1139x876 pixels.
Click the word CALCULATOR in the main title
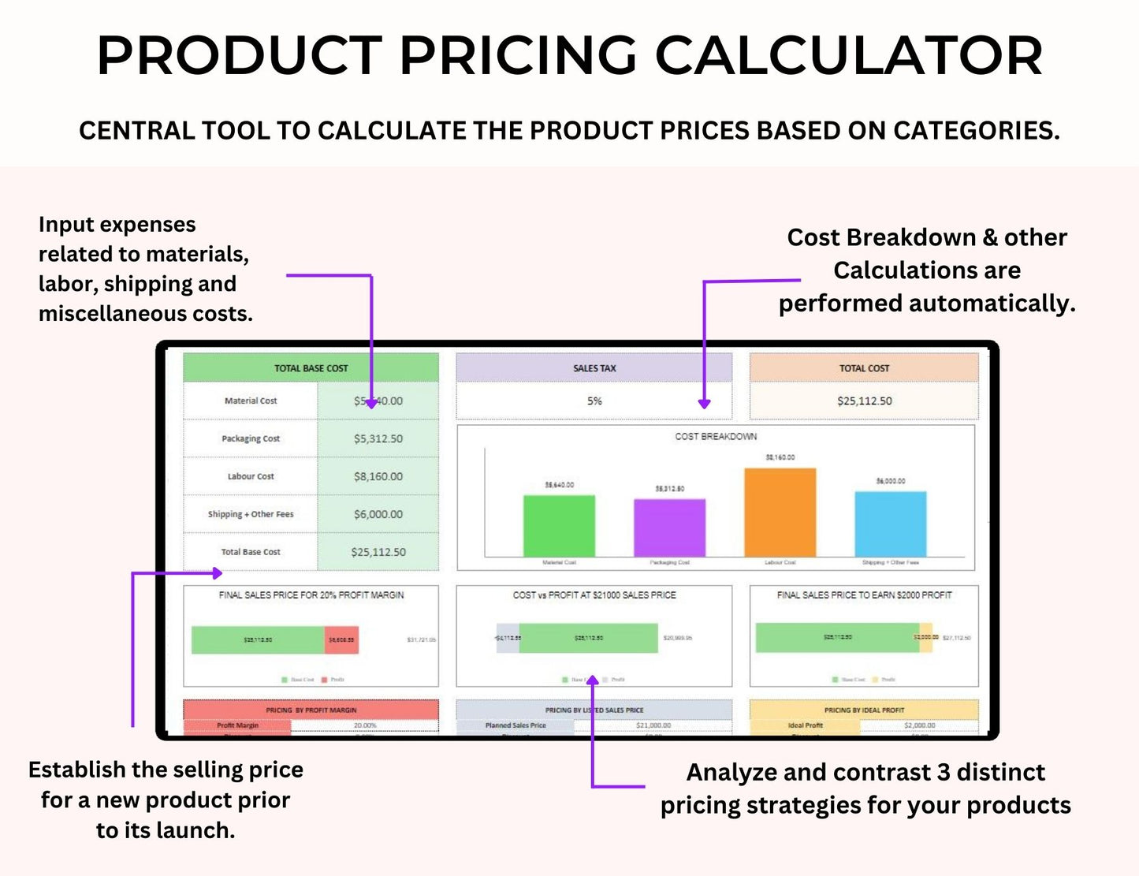point(848,57)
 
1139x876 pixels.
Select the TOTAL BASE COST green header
point(311,368)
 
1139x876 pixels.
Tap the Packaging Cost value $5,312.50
point(378,438)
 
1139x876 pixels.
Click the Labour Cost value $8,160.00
point(378,476)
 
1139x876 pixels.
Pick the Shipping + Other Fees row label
point(251,514)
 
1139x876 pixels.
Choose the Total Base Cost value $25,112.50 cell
point(378,552)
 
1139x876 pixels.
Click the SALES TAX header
point(594,368)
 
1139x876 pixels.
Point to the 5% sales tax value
point(594,401)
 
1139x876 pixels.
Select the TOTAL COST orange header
point(864,368)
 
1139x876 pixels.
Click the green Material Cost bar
point(559,526)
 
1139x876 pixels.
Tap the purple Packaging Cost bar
point(669,527)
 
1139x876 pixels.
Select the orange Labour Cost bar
point(780,513)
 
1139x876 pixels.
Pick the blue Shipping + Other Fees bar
point(891,524)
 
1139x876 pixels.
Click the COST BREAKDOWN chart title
point(716,436)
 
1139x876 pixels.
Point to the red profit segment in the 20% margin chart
point(342,639)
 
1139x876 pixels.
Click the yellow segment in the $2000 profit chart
point(925,637)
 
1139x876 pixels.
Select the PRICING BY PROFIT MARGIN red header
point(311,710)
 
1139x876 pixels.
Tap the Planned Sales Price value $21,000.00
point(653,725)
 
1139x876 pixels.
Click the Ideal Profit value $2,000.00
point(919,725)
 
